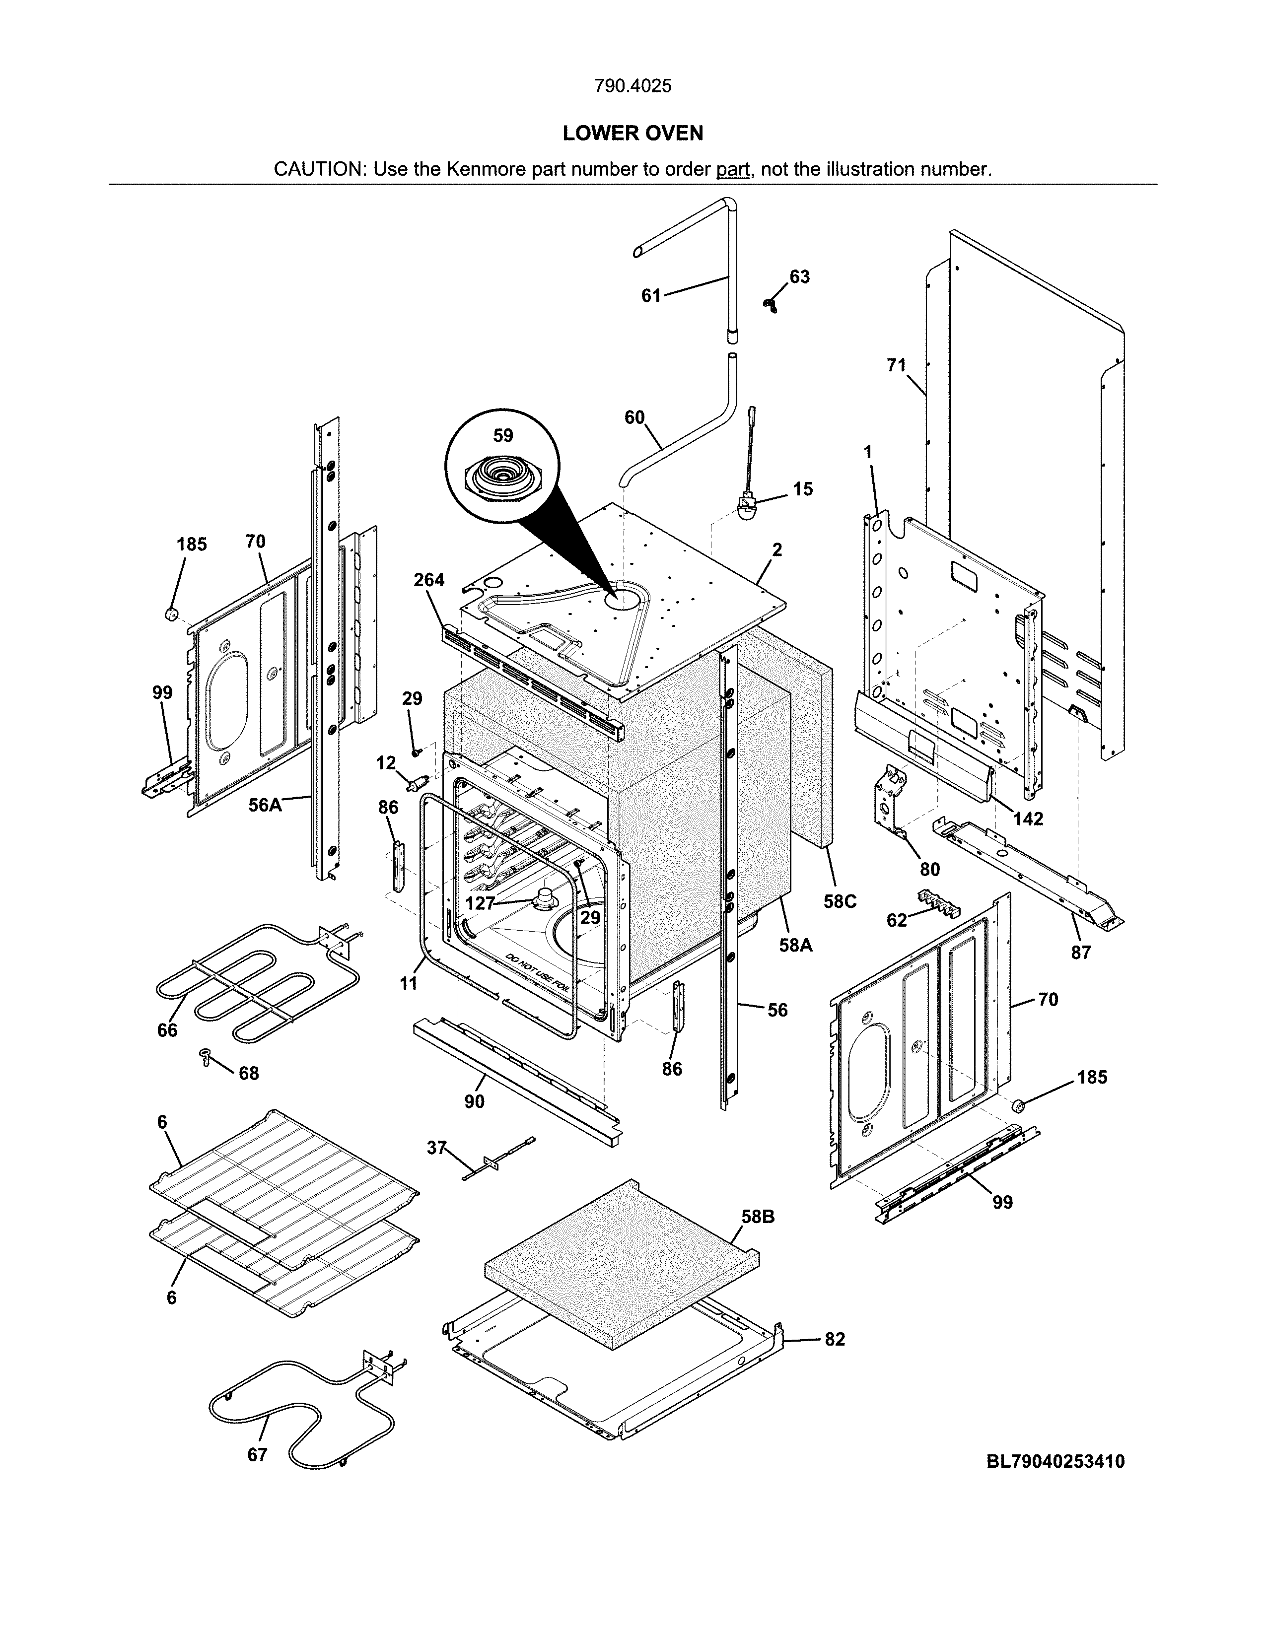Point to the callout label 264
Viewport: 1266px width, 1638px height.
429,580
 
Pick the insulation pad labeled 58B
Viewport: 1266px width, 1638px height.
623,1268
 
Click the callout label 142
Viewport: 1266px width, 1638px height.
1028,818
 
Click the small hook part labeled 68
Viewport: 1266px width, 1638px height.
204,1057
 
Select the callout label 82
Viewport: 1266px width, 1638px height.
835,1339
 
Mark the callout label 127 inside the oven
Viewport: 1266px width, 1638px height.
480,903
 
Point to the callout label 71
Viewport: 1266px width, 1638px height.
896,365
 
